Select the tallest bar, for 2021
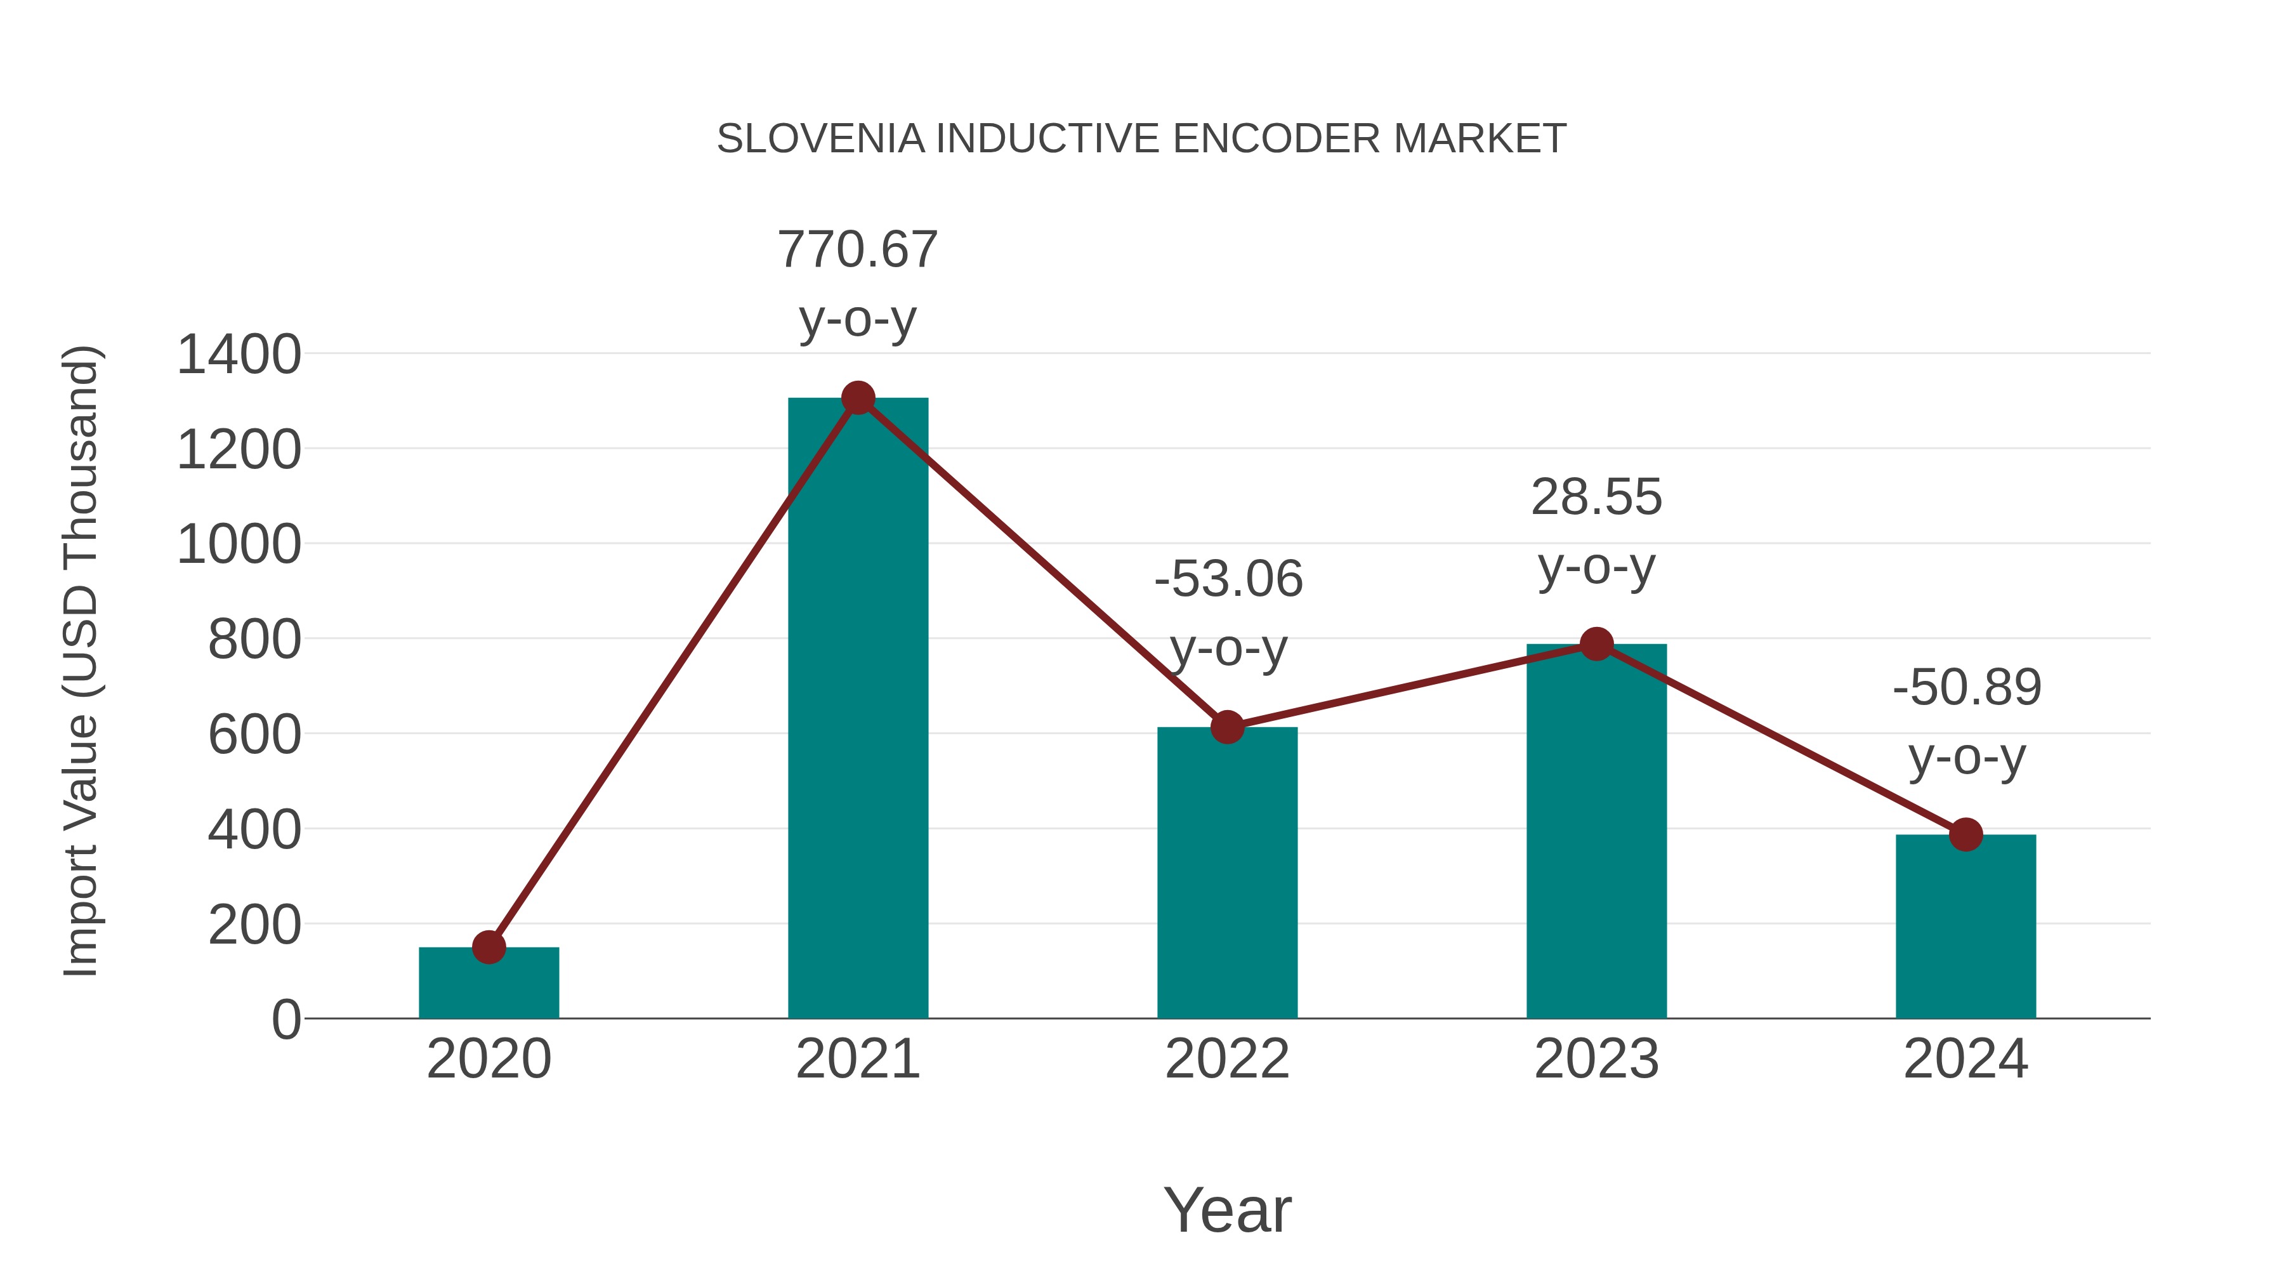857,709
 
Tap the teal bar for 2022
1227,874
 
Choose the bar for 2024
1966,926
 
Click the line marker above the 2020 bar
489,947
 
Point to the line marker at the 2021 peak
857,398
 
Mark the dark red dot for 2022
1227,727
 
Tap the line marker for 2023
1596,644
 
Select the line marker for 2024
1966,834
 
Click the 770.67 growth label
857,250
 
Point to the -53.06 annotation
1228,580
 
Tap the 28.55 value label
1596,498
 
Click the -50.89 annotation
1967,688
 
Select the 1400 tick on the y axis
239,355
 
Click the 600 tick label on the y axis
254,735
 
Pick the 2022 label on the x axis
1227,1059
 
